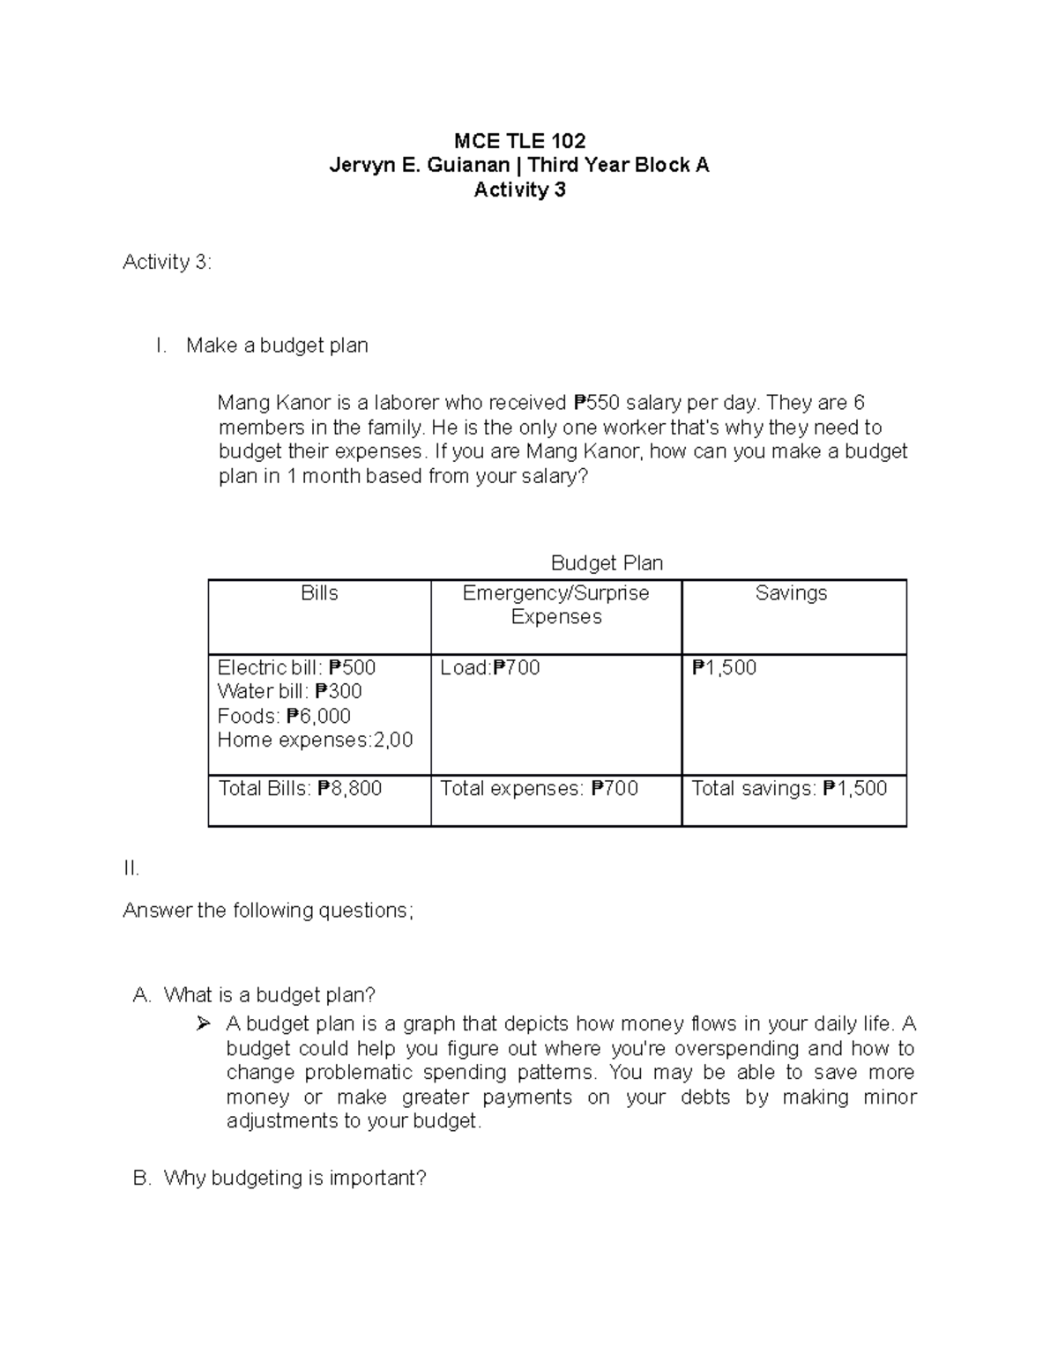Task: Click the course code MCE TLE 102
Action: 519,141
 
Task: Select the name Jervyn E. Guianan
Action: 419,165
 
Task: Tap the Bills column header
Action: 319,593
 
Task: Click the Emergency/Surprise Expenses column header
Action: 555,605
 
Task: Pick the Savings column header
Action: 791,593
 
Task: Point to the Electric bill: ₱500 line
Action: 296,667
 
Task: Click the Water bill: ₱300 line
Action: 289,691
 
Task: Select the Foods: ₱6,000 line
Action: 284,716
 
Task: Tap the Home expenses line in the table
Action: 315,740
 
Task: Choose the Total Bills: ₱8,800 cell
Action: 300,788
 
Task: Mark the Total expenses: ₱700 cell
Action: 539,788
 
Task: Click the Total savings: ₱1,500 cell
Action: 789,788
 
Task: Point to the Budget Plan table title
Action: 607,562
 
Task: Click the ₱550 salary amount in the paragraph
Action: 598,403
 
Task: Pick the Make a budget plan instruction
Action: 277,346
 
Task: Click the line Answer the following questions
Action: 267,911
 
